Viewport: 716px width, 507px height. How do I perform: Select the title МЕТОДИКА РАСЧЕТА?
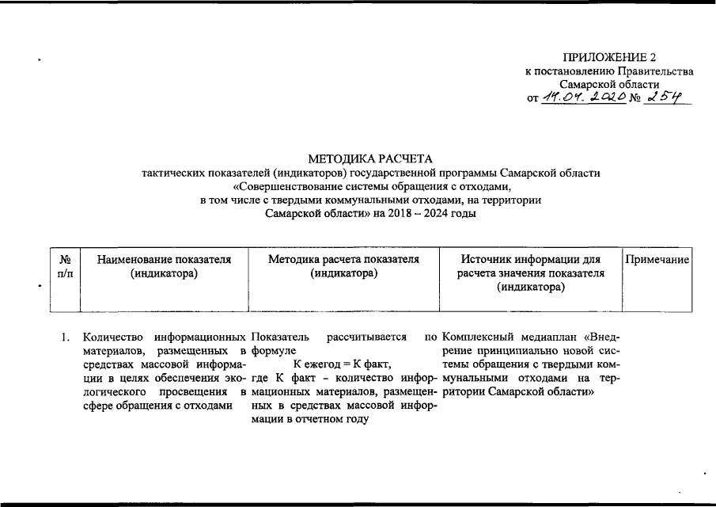pyautogui.click(x=371, y=159)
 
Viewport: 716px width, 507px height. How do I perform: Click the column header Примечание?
pyautogui.click(x=658, y=259)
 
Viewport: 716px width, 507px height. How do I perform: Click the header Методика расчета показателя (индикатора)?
pyautogui.click(x=343, y=266)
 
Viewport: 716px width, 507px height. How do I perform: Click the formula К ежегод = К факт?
pyautogui.click(x=343, y=364)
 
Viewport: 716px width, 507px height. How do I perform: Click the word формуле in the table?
pyautogui.click(x=273, y=351)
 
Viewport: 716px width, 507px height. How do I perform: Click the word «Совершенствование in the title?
pyautogui.click(x=288, y=187)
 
